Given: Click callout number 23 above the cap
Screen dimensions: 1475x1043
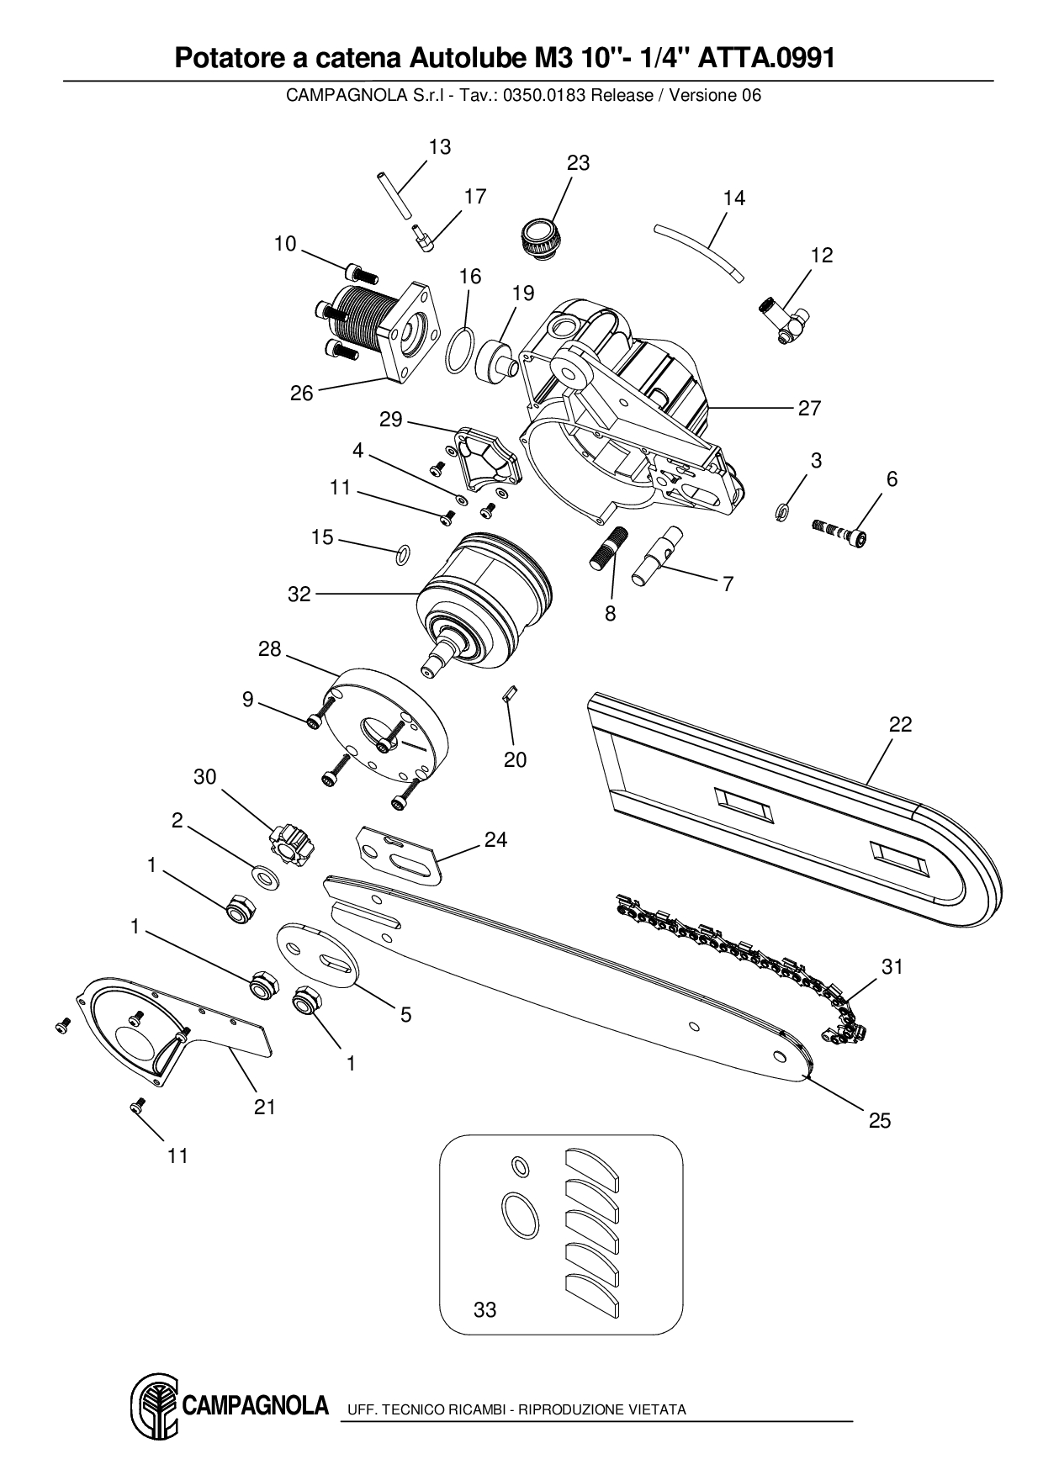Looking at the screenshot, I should [x=578, y=163].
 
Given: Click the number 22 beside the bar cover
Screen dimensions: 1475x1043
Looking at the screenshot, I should [x=900, y=724].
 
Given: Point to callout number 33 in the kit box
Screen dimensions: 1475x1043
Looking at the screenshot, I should [x=485, y=1309].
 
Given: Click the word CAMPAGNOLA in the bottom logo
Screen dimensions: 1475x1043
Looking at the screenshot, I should [x=254, y=1405].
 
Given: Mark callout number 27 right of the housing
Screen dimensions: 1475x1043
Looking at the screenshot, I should [x=809, y=408].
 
